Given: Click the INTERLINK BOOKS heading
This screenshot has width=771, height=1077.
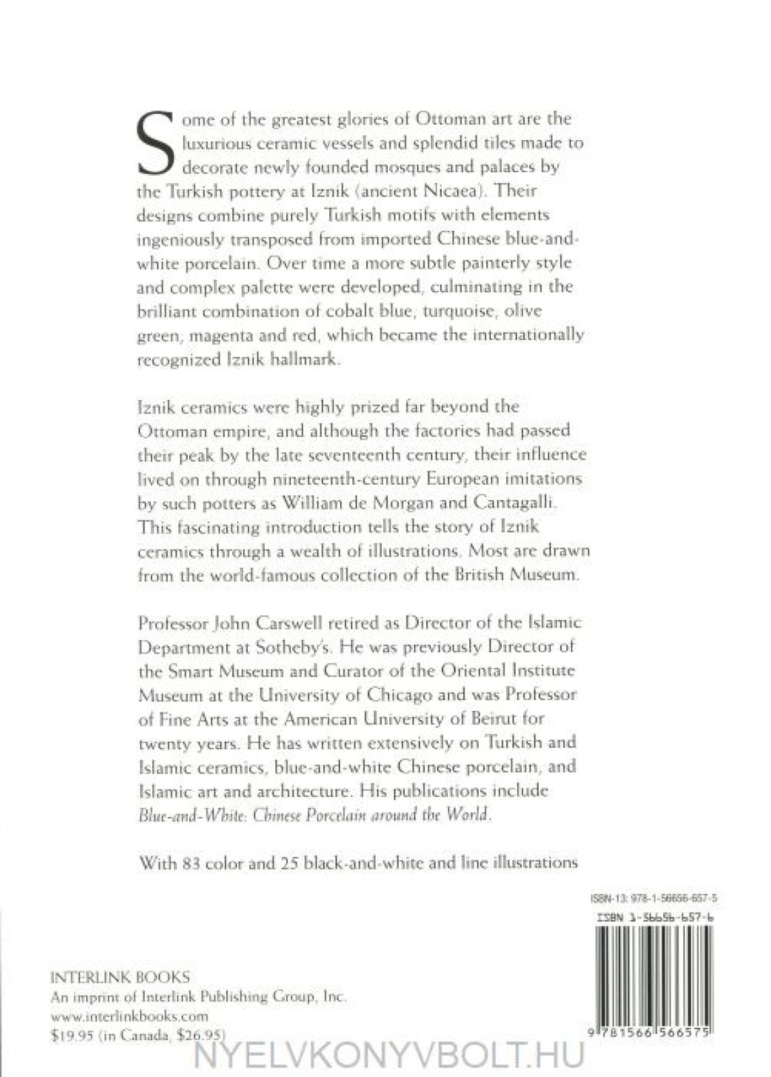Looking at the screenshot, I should (121, 977).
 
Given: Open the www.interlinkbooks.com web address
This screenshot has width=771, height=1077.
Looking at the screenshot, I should (130, 1016).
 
